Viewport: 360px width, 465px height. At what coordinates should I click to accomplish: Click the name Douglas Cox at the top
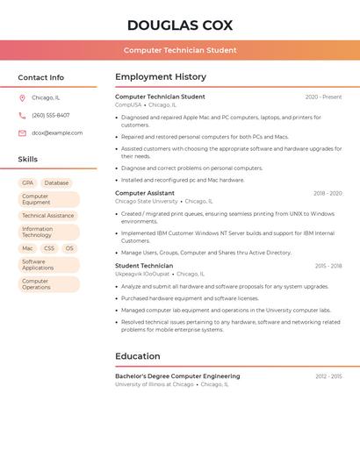[180, 25]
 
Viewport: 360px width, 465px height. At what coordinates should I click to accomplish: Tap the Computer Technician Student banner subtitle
[180, 50]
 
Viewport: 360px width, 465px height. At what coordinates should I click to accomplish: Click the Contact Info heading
[41, 77]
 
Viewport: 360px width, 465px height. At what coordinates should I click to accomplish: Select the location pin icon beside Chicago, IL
[22, 97]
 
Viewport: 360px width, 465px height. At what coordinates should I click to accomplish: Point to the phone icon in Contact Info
[22, 115]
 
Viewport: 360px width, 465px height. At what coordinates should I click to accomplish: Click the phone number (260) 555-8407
[51, 115]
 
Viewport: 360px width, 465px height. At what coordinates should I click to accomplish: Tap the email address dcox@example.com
[57, 132]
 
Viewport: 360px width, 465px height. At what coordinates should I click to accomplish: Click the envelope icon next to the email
[22, 132]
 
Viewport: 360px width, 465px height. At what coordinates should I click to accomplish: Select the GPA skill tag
[28, 182]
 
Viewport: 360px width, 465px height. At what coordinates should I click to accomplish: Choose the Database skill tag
[56, 182]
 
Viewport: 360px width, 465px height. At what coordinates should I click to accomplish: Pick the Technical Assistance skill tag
[48, 215]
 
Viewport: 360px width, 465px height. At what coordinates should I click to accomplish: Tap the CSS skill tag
[49, 248]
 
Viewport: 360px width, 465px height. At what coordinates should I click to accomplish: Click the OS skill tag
[69, 248]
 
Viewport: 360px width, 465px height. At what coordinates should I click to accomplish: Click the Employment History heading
[161, 76]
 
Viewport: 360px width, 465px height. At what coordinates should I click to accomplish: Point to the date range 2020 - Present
[323, 97]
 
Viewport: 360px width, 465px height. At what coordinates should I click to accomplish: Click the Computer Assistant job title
[145, 193]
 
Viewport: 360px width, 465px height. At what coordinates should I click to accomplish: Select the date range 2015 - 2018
[328, 265]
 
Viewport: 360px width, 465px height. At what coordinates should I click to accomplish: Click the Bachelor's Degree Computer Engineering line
[177, 376]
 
